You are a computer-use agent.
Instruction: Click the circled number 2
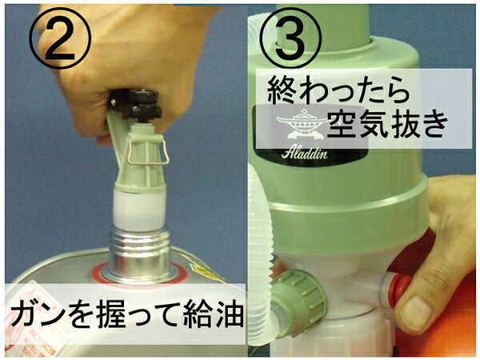click(60, 38)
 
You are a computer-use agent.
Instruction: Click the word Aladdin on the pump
click(304, 152)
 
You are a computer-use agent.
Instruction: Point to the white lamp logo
click(301, 125)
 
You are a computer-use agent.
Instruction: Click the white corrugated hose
click(262, 251)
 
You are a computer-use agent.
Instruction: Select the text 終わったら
click(338, 90)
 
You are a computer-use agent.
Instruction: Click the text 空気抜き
click(387, 124)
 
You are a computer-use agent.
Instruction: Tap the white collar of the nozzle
click(139, 209)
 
